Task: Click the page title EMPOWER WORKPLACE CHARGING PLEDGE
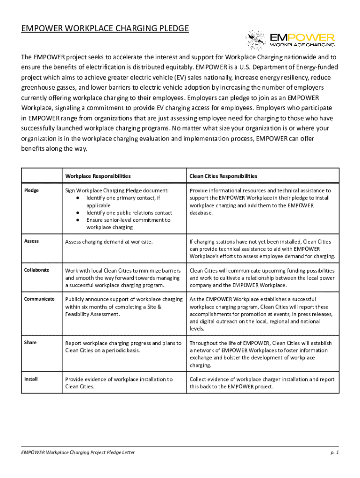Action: pos(105,29)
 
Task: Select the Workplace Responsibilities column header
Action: pos(98,176)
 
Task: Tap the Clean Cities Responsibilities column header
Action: pos(223,176)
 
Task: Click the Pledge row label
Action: pos(32,190)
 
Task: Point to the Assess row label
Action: pos(32,241)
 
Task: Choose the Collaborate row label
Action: pos(36,270)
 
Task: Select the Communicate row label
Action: pos(39,299)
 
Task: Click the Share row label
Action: pos(30,342)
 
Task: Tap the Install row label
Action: pos(31,379)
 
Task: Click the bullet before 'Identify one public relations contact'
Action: pos(77,213)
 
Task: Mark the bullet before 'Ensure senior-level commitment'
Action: pos(77,220)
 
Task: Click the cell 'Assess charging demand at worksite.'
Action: pos(109,242)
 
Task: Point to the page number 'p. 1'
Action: pos(334,452)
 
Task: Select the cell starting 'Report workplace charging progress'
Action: pos(123,346)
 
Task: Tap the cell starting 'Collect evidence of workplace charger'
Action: pos(262,383)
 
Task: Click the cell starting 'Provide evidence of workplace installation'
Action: pos(119,383)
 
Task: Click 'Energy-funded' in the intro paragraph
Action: pos(316,67)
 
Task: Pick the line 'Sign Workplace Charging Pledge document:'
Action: pos(117,190)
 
